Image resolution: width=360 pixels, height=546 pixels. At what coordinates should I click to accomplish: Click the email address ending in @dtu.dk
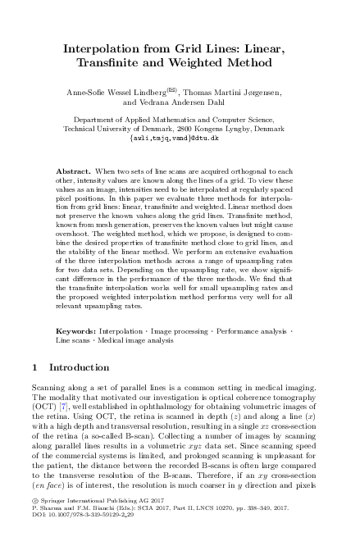[x=180, y=139]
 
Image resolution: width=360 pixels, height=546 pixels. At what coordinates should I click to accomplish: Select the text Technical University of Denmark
[x=115, y=130]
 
